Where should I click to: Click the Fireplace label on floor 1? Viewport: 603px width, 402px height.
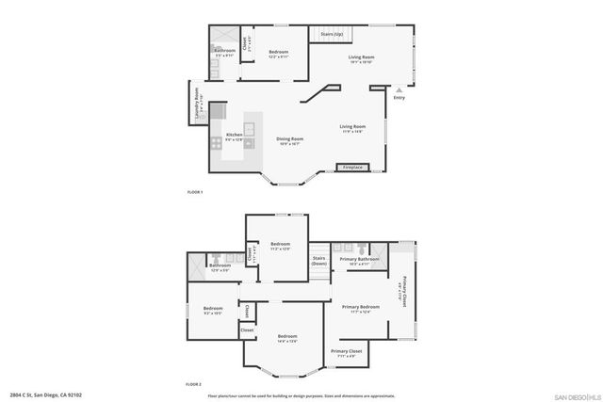point(352,168)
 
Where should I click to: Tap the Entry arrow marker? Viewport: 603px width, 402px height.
point(399,90)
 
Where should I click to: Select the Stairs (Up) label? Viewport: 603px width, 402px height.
point(332,33)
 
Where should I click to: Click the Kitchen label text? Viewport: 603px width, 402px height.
point(235,135)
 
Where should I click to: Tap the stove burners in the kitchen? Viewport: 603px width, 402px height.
point(216,143)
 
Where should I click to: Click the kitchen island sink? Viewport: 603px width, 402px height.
point(252,128)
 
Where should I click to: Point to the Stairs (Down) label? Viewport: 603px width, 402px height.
point(318,260)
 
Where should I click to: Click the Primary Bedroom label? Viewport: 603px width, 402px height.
point(361,307)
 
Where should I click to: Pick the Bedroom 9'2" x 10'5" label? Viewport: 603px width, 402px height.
point(212,309)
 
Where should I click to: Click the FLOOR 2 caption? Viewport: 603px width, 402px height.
point(194,385)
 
